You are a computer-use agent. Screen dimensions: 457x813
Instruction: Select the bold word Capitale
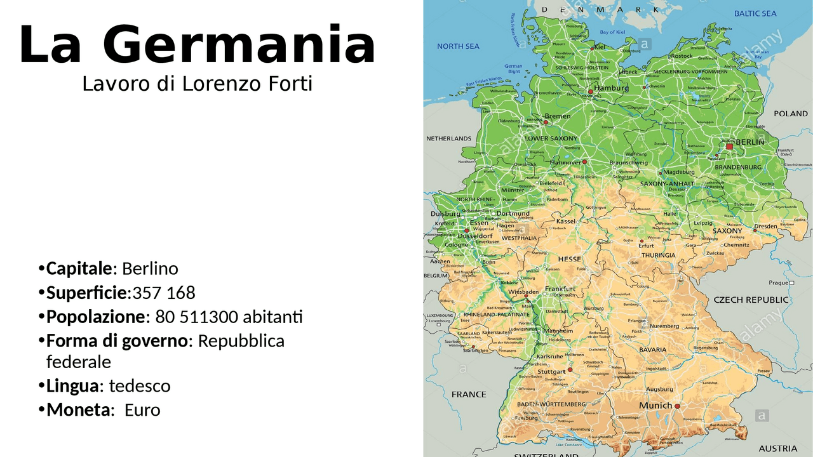tap(79, 268)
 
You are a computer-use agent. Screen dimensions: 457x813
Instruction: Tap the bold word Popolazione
tap(96, 317)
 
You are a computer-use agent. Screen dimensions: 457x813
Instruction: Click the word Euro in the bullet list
tap(142, 410)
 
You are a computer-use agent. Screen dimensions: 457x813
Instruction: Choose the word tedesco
tap(140, 386)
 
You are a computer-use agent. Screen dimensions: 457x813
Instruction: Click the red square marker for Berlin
tap(729, 147)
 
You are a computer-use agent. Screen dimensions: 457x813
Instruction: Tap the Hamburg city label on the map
tap(612, 88)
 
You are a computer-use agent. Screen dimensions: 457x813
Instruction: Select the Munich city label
tap(655, 406)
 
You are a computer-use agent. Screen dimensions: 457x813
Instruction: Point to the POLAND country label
tap(790, 114)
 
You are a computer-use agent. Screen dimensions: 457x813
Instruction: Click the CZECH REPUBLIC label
tap(751, 300)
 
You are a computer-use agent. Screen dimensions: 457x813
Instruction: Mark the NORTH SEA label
tap(458, 46)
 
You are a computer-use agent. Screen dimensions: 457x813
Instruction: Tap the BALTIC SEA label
tap(755, 13)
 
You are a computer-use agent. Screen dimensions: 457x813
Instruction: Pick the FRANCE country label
tap(469, 394)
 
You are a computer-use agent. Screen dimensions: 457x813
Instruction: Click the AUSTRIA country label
tap(778, 448)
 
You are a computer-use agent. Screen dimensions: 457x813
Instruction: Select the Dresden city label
tap(765, 226)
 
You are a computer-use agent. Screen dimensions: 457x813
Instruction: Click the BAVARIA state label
tap(653, 350)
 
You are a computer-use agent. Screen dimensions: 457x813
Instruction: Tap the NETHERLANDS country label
tap(448, 138)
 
